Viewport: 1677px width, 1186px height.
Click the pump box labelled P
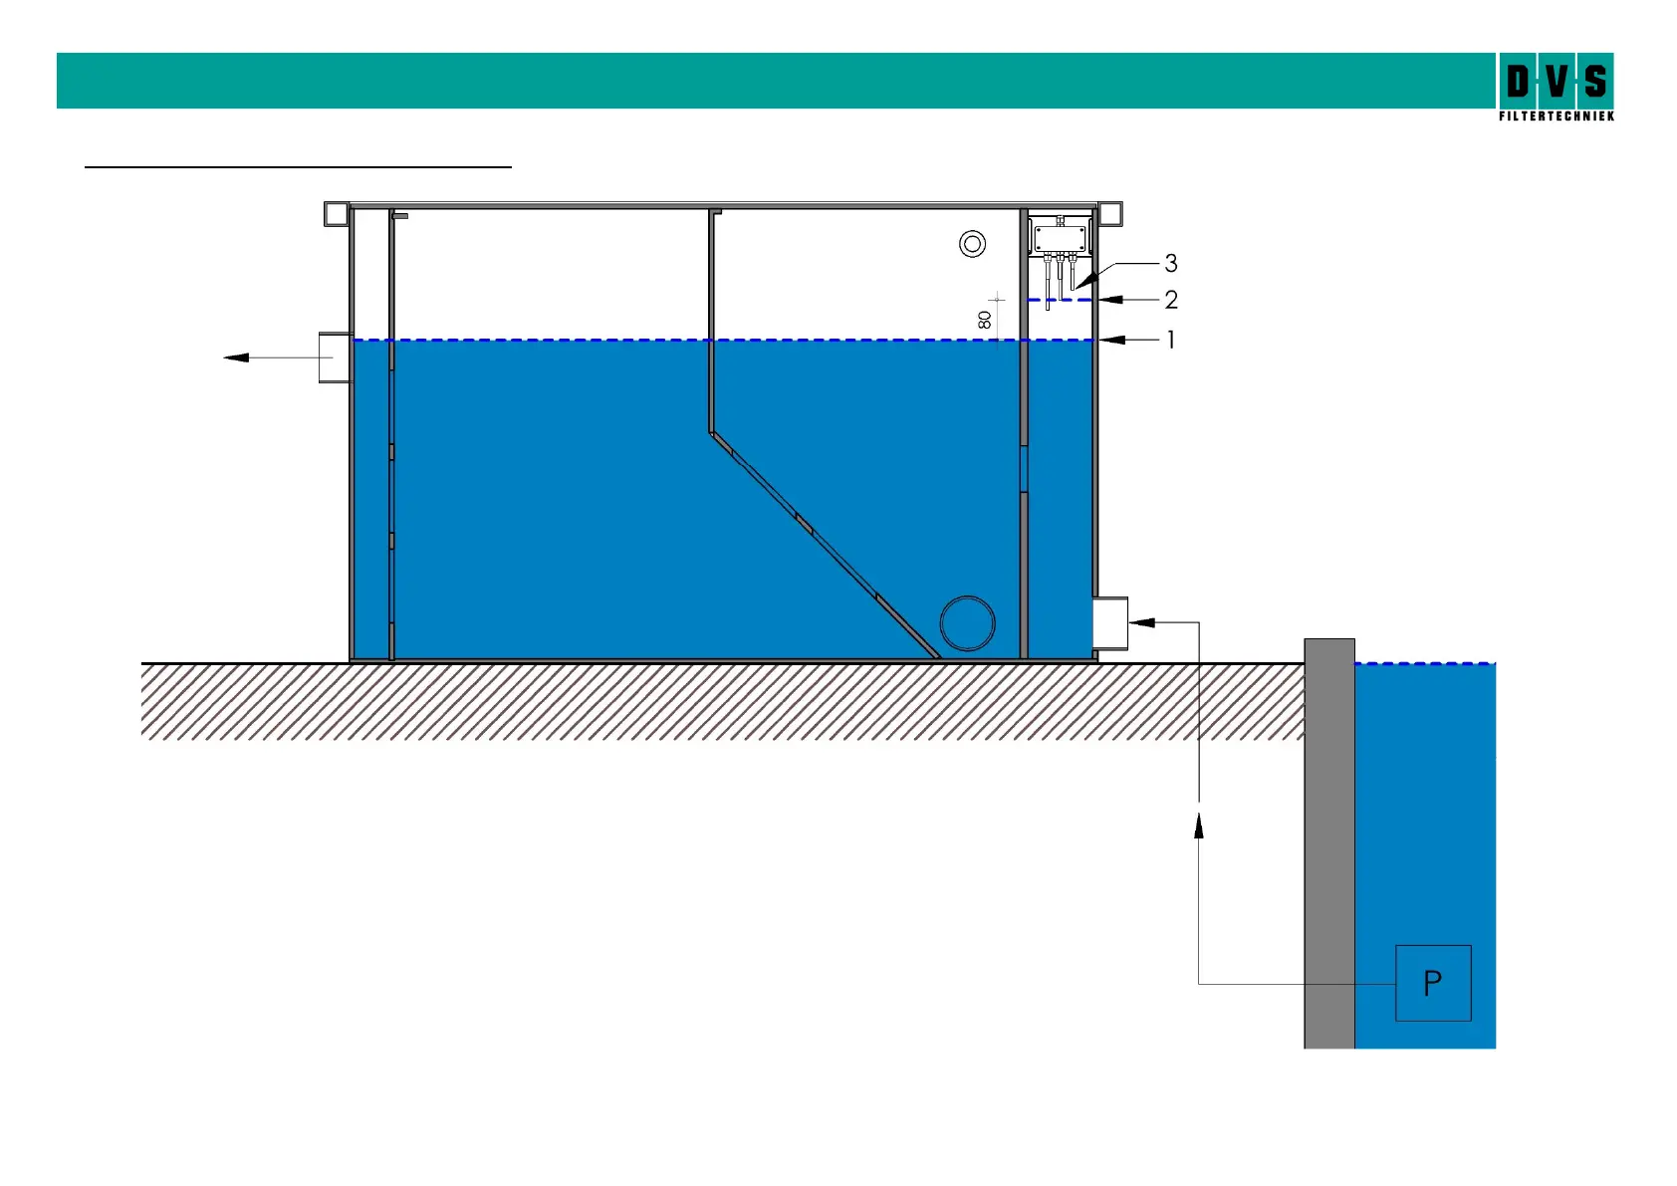click(x=1432, y=983)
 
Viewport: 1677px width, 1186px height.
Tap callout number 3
click(x=1171, y=263)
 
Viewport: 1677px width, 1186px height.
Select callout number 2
click(x=1171, y=299)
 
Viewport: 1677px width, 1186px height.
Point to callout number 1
click(x=1171, y=340)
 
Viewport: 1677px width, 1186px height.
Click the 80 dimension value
click(x=985, y=320)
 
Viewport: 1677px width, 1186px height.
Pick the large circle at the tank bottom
click(x=967, y=623)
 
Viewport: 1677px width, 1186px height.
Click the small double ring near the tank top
click(x=972, y=243)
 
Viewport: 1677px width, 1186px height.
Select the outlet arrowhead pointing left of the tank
click(x=236, y=356)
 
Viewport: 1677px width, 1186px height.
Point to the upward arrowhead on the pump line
click(x=1198, y=824)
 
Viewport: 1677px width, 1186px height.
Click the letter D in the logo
click(x=1518, y=81)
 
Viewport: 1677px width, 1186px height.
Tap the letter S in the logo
click(x=1595, y=81)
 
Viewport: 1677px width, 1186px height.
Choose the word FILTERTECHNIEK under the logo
click(x=1556, y=117)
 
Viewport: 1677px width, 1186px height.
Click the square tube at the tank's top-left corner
click(x=336, y=213)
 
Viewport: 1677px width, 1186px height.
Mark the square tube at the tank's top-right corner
click(x=1109, y=213)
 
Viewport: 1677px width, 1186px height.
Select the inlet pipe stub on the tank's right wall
click(x=1110, y=623)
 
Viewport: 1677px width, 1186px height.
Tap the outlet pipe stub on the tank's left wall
click(x=335, y=357)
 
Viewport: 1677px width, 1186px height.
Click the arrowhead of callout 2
click(x=1109, y=299)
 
